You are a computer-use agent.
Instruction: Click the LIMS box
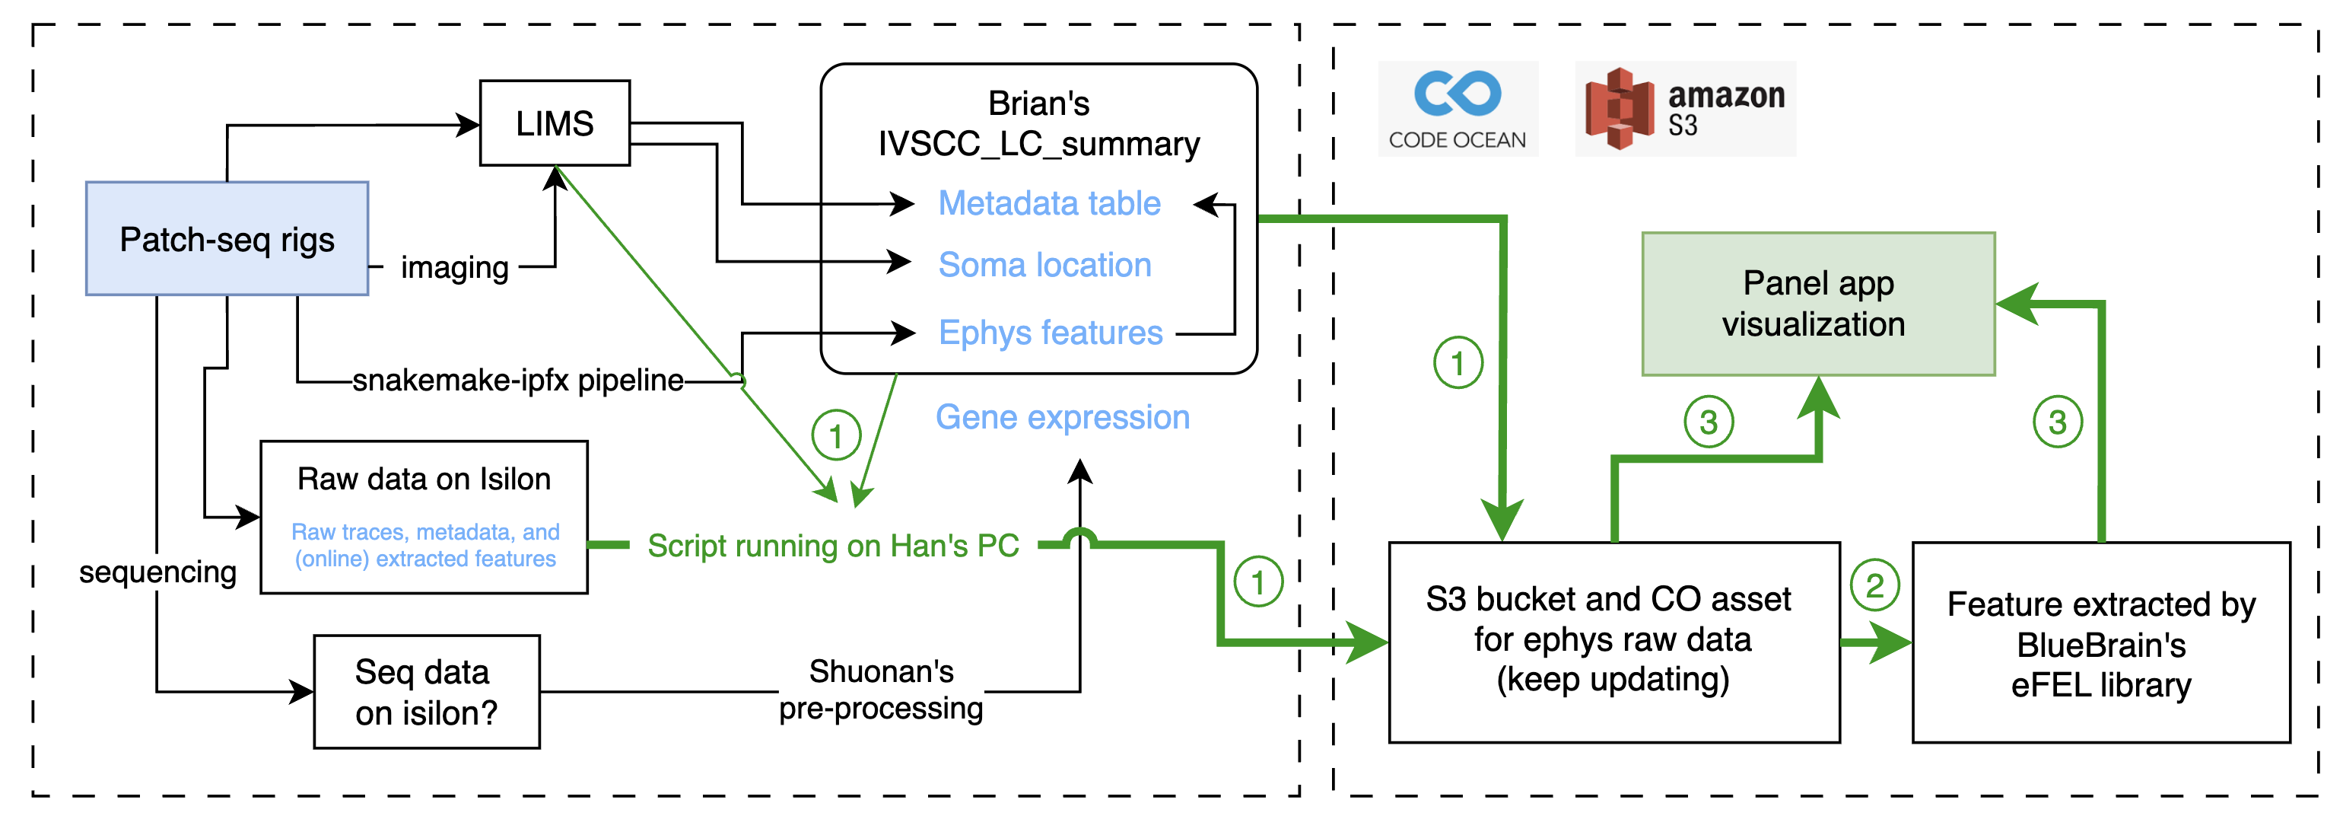click(554, 123)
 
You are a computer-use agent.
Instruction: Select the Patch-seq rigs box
click(227, 238)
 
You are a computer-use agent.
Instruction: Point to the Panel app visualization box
click(1817, 303)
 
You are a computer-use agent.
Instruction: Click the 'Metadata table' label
click(1049, 203)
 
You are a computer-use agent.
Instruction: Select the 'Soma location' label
click(1044, 265)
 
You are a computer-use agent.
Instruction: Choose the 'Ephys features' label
click(1050, 333)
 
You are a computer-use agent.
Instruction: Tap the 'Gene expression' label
click(1063, 417)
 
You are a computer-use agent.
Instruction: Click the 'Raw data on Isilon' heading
click(424, 479)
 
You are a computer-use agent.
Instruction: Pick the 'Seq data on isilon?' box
click(427, 692)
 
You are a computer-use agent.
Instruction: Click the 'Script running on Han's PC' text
click(832, 545)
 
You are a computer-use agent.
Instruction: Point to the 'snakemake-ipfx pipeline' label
click(517, 381)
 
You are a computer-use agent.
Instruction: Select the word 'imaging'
click(454, 267)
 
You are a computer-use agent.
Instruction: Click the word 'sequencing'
click(157, 572)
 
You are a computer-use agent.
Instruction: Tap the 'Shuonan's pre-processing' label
click(880, 690)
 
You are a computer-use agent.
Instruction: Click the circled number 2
click(1874, 585)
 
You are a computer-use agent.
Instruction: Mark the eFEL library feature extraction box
click(2100, 643)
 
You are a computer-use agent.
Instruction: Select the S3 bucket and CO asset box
click(1613, 642)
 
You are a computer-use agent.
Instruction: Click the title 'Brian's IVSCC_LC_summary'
click(1038, 124)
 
